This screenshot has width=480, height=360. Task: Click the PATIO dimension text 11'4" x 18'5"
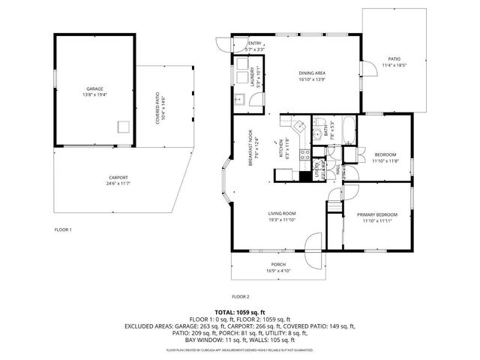(394, 65)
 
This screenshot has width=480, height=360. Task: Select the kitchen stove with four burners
(305, 156)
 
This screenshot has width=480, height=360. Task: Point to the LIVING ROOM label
(282, 213)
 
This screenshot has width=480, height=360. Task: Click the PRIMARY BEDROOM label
(376, 214)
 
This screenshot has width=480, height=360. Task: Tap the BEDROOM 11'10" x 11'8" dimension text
(385, 161)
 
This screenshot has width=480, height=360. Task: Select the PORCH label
(277, 265)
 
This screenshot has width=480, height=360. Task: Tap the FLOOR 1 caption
(63, 229)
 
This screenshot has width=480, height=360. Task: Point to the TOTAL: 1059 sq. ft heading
(240, 311)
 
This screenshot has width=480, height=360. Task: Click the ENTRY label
(255, 43)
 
